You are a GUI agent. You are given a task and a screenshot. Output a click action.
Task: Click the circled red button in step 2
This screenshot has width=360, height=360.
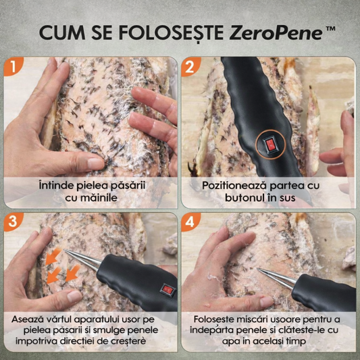269,144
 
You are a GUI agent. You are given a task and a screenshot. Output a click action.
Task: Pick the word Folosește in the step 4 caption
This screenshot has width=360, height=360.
217,318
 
